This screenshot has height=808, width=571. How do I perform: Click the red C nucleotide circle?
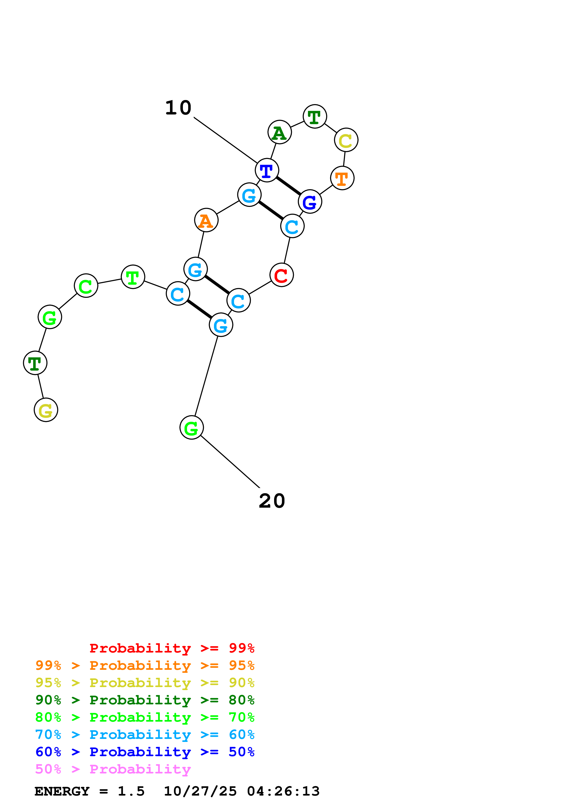tap(281, 275)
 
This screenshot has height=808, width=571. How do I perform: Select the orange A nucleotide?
tap(206, 220)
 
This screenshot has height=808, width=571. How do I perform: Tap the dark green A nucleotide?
tap(279, 132)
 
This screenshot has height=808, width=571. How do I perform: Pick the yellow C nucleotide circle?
tap(346, 140)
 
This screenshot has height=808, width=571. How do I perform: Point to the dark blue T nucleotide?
tap(267, 170)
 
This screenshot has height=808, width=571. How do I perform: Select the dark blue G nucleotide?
tap(310, 202)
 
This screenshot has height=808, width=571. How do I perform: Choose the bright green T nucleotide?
tap(133, 277)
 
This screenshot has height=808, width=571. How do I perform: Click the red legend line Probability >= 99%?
tap(172, 648)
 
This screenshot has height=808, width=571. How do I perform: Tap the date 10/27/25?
tap(200, 791)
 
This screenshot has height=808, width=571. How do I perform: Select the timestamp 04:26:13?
tap(283, 791)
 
